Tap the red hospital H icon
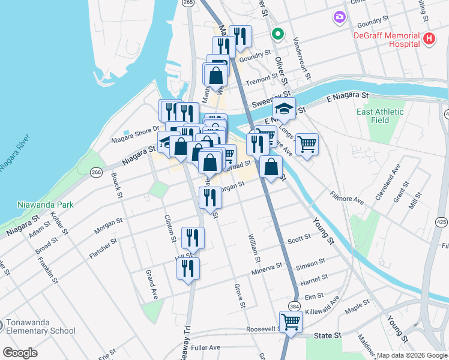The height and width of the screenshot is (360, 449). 429,39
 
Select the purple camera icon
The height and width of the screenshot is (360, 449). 340,18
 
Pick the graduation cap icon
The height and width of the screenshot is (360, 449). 284,109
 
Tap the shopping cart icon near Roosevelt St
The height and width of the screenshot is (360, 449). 291,322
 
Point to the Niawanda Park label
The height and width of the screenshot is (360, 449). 46,204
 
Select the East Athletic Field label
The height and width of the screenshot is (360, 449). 380,116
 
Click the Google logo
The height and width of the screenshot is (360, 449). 20,353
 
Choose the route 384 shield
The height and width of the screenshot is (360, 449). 294,305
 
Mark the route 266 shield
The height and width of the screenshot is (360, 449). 95,172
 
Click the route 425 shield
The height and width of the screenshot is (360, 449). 442,223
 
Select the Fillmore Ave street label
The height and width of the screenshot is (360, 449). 347,197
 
